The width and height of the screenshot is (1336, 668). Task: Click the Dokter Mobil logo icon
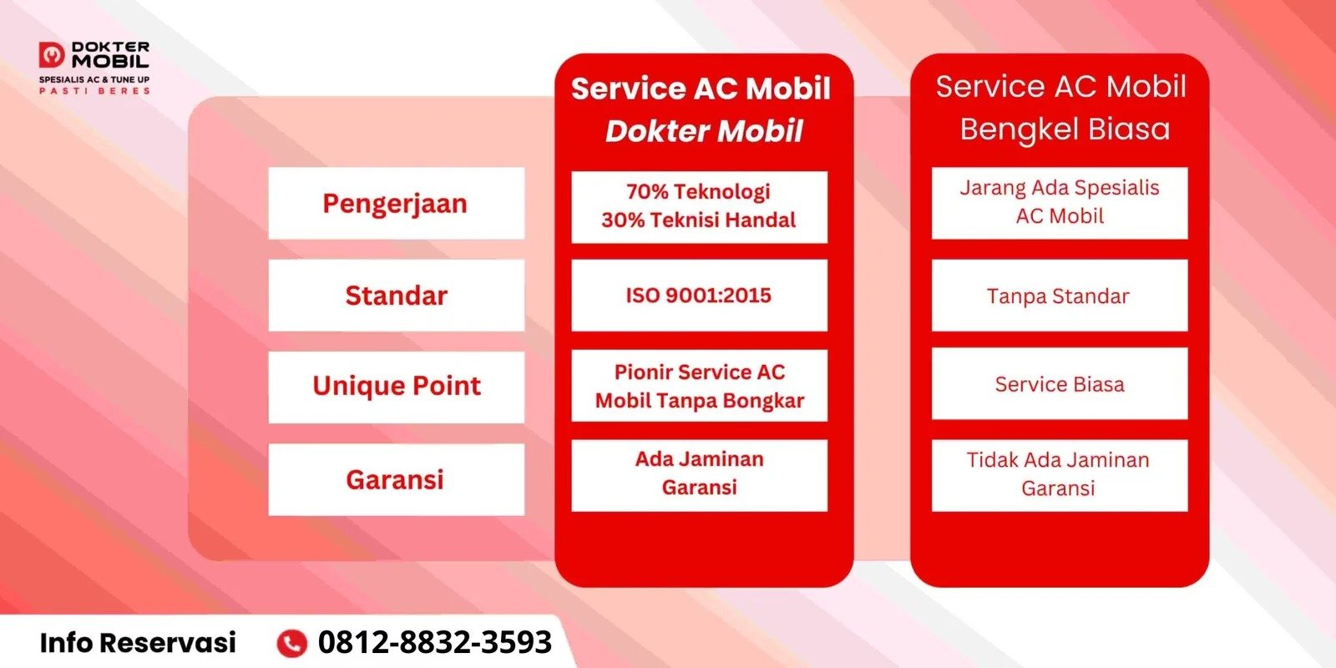tap(52, 55)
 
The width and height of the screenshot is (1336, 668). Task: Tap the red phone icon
tap(291, 643)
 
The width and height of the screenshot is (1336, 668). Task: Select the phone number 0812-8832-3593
tap(434, 642)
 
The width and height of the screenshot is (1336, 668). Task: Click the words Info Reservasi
tap(138, 642)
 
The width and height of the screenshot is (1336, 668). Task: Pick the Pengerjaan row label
tap(396, 204)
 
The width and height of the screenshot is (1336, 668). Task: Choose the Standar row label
tap(396, 296)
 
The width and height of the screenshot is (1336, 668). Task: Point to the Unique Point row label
tap(396, 386)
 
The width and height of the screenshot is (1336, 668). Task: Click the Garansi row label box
tap(396, 479)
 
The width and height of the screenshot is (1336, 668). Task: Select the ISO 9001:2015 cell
tap(699, 295)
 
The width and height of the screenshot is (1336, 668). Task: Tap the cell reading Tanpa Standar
tap(1059, 296)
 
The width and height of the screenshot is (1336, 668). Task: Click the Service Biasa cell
tap(1059, 384)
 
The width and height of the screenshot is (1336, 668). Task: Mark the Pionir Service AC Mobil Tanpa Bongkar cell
tap(699, 386)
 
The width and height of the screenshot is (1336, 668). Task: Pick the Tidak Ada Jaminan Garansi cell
tap(1059, 474)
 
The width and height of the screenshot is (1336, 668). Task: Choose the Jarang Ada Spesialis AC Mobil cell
tap(1059, 202)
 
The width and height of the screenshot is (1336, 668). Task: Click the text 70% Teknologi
tap(698, 191)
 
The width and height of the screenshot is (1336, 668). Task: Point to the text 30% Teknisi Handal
tap(699, 220)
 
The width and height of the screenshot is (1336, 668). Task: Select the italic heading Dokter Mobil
tap(704, 131)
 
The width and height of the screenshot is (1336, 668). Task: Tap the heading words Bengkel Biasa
tap(1065, 129)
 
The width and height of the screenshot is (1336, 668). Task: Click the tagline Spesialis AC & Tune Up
tap(94, 80)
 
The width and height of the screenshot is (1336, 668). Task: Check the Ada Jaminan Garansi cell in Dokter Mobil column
tap(699, 473)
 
